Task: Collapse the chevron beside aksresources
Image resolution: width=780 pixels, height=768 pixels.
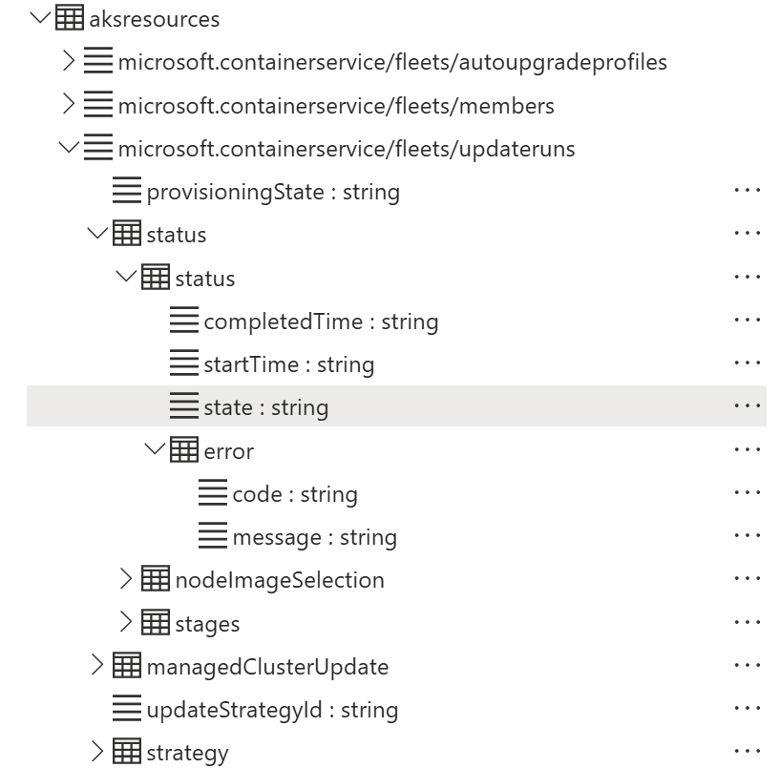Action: (x=39, y=18)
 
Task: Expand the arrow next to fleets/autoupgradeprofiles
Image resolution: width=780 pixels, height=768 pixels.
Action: (x=68, y=62)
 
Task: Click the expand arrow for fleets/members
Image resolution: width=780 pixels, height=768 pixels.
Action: (x=68, y=105)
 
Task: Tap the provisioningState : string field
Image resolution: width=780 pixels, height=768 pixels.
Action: (x=272, y=192)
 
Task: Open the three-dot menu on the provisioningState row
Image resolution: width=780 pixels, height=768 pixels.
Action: (x=748, y=191)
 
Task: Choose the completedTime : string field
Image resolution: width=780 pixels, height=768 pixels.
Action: (x=320, y=322)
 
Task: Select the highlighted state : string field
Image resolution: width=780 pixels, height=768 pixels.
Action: (x=265, y=407)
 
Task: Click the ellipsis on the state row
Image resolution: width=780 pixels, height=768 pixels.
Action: (x=748, y=406)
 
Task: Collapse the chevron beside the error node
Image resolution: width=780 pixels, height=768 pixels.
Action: (x=154, y=449)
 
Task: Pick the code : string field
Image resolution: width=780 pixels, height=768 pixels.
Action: (x=294, y=494)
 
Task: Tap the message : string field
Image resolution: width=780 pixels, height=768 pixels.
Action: (x=314, y=537)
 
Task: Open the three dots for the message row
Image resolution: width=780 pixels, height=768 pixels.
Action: (x=748, y=536)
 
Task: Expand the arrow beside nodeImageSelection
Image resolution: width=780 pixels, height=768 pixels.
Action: (x=125, y=579)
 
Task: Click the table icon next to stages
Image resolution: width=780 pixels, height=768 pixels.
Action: (x=156, y=623)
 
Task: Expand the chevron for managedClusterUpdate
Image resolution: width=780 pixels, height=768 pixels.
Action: (x=96, y=666)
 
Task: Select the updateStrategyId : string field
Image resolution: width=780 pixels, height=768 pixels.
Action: (x=271, y=710)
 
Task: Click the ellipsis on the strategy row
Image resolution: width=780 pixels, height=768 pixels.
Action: (x=748, y=752)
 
